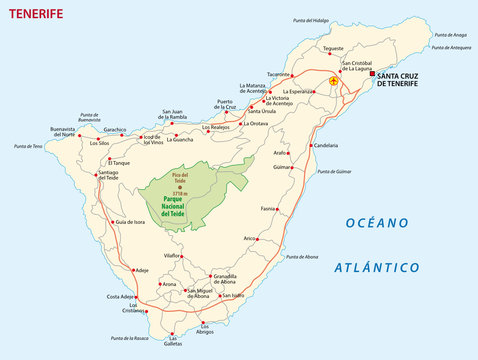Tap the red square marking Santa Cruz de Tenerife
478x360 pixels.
371,74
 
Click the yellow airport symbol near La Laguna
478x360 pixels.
333,82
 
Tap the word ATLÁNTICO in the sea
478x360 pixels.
376,267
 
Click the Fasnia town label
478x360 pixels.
265,208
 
